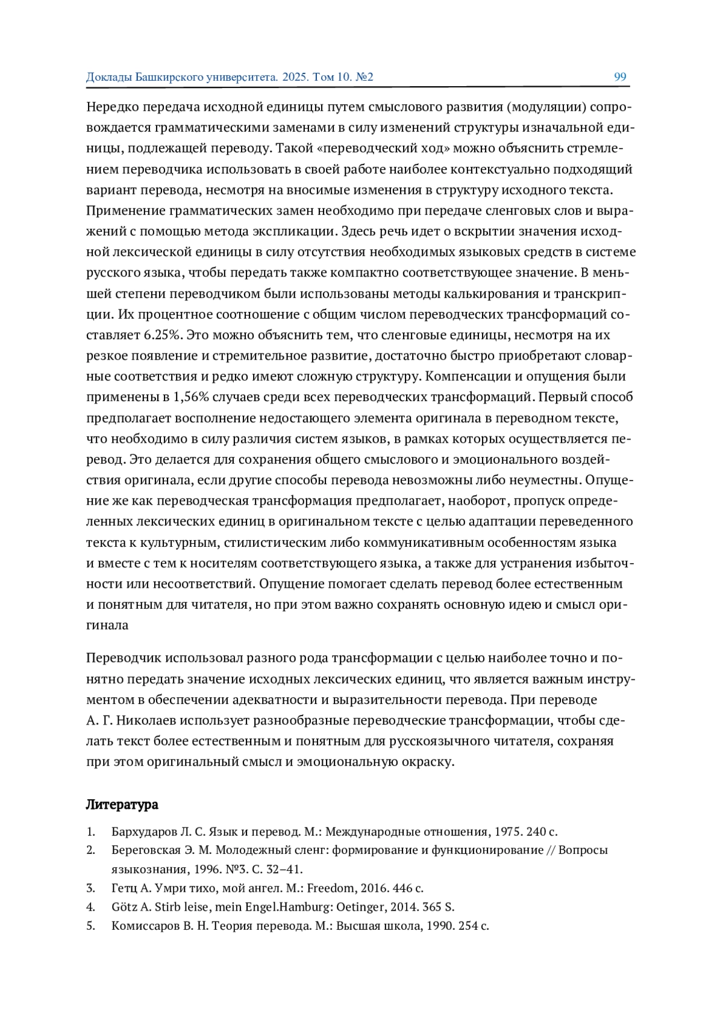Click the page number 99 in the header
click(620, 76)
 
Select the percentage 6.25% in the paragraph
click(163, 335)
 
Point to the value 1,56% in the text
click(192, 397)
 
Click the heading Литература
click(122, 805)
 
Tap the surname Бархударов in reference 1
click(144, 832)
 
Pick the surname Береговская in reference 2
click(146, 850)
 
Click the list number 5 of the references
click(90, 926)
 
